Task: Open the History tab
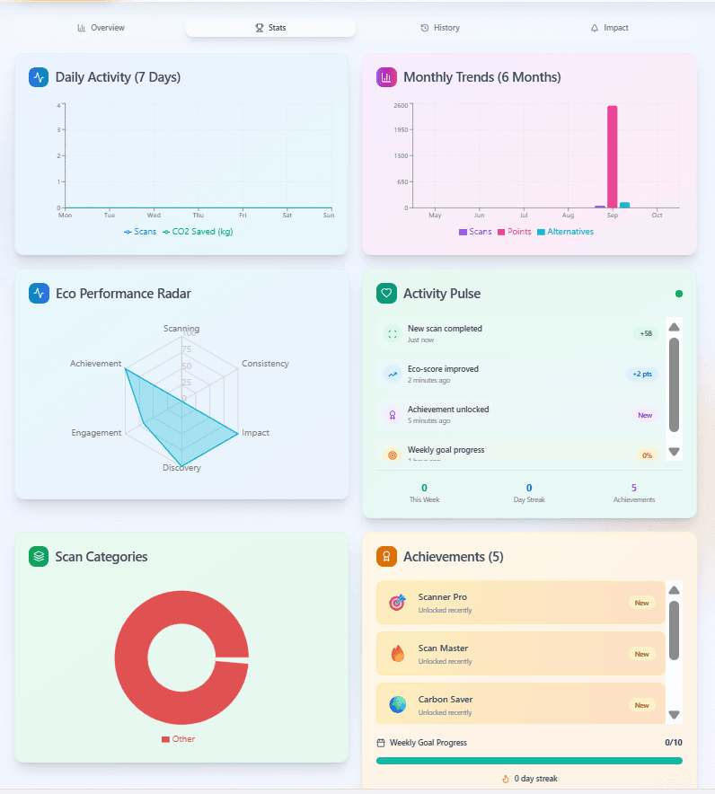pos(440,28)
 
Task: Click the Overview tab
pos(101,28)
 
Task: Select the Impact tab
pos(610,28)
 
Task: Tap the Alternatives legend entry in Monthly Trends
pos(565,232)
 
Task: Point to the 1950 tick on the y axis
pos(401,130)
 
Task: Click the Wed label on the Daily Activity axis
pos(154,216)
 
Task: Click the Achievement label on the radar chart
pos(95,364)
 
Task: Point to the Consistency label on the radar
pos(265,364)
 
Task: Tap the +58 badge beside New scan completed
pos(645,334)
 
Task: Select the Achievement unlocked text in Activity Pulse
pos(448,410)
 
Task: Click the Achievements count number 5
pos(634,488)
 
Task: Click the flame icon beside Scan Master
pos(397,654)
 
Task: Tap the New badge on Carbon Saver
pos(641,705)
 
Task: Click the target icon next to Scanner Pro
pos(397,603)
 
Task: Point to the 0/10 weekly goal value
pos(673,743)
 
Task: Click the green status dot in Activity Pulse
pos(678,294)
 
